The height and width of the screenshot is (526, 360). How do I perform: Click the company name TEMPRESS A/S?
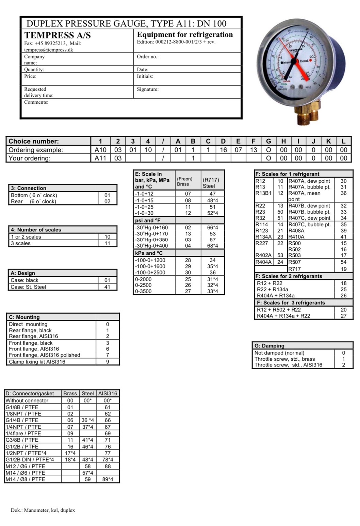click(x=57, y=35)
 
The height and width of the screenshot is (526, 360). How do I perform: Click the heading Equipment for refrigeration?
click(x=185, y=34)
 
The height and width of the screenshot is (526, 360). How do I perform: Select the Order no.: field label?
click(x=148, y=56)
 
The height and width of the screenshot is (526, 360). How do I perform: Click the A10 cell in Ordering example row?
click(x=100, y=150)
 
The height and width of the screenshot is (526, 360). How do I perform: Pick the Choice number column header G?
click(x=268, y=141)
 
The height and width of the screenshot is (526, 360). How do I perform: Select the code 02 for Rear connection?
click(x=107, y=201)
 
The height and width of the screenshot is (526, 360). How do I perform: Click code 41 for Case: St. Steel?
click(x=107, y=287)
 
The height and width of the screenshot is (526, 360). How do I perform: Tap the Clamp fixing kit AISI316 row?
click(x=37, y=362)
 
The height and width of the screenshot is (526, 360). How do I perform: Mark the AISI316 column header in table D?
click(x=108, y=393)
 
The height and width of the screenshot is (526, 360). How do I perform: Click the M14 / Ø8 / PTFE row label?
click(x=26, y=479)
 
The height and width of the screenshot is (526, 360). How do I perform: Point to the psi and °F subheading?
click(x=148, y=220)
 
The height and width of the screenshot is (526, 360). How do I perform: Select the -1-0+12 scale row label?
click(x=144, y=194)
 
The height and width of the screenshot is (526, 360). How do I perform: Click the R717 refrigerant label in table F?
click(x=295, y=269)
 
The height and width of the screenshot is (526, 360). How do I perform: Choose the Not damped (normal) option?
click(x=279, y=353)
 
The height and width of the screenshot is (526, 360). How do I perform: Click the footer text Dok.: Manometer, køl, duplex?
click(x=43, y=510)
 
